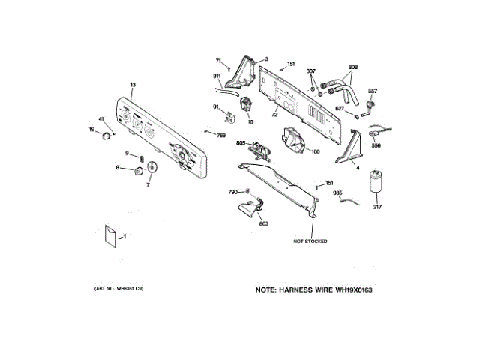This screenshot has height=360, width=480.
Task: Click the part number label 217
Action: [377, 207]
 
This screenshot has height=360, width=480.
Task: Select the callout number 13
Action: [133, 85]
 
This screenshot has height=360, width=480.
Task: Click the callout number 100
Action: [315, 152]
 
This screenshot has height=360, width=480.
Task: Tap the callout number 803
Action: [263, 223]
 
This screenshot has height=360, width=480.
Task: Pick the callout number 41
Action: [101, 119]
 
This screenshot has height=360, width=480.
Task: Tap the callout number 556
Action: [376, 146]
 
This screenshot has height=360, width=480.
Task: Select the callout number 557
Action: [372, 91]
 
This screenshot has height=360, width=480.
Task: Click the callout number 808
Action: [353, 67]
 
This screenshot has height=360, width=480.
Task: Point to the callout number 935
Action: [337, 193]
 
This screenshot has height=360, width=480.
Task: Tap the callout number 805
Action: [241, 142]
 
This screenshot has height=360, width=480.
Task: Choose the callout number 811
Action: [216, 76]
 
